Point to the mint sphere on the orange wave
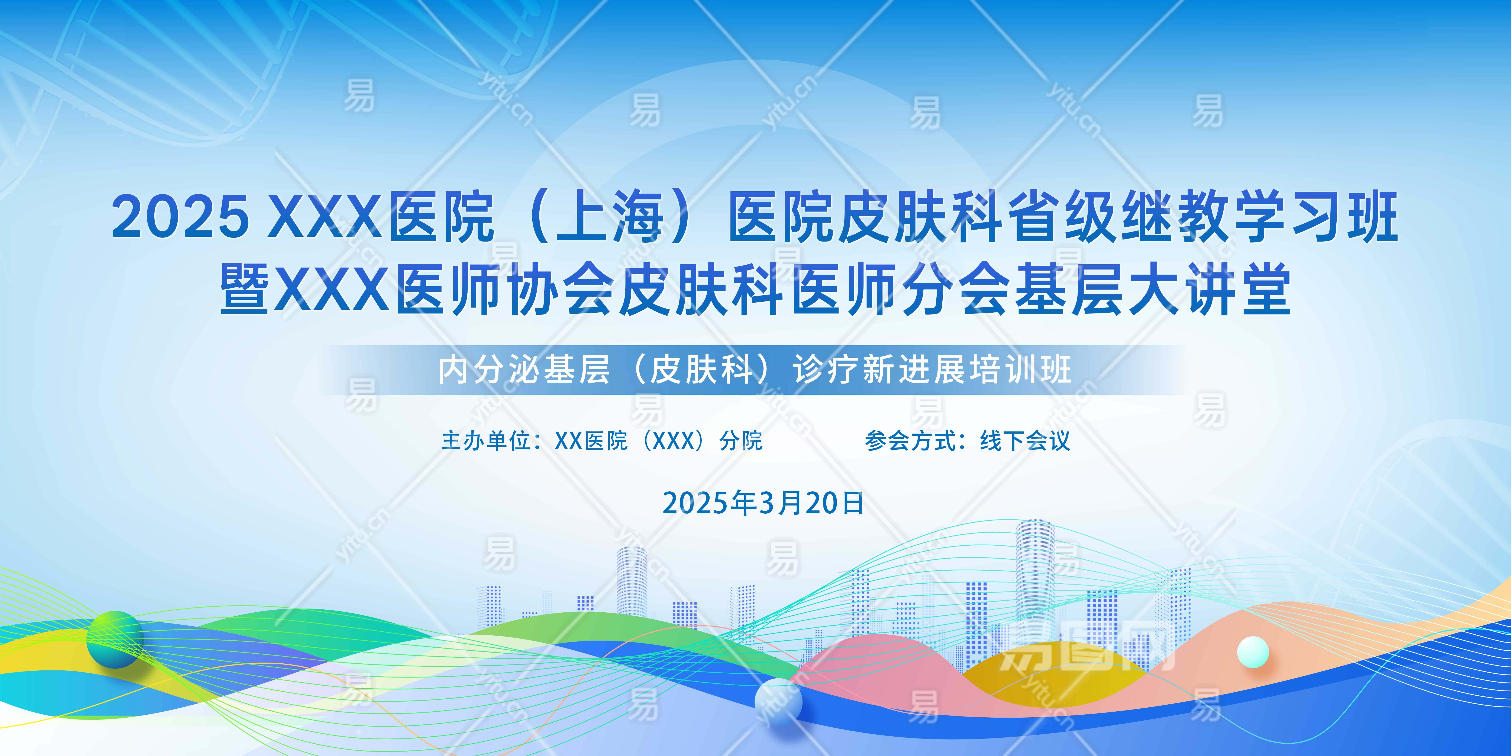click(x=1253, y=652)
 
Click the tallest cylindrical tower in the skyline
click(x=1035, y=581)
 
